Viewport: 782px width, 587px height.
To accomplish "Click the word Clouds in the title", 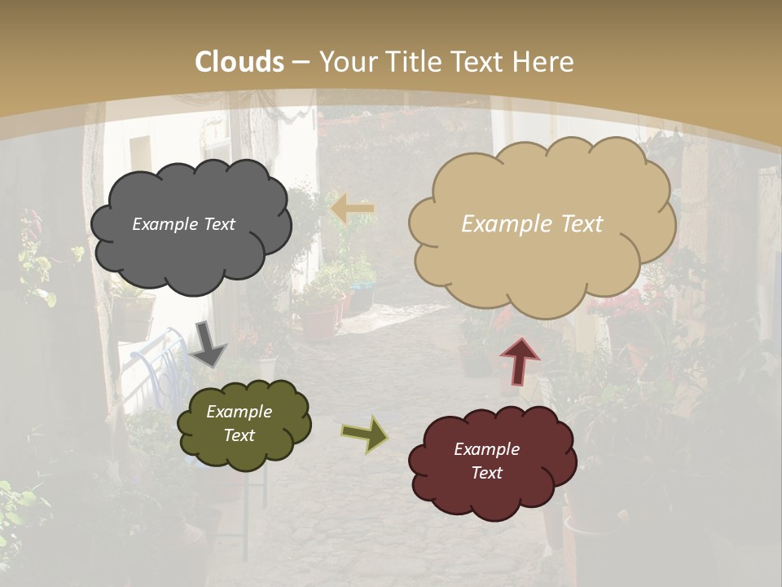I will coord(239,62).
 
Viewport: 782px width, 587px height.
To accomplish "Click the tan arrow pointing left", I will coord(353,210).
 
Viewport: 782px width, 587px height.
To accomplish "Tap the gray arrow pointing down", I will coord(208,346).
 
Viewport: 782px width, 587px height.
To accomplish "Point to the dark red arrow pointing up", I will coord(520,360).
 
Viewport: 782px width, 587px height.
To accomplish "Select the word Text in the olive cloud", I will coord(239,435).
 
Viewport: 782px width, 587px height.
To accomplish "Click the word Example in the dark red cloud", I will coord(486,449).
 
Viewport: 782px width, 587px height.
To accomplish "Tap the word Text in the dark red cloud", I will coord(486,473).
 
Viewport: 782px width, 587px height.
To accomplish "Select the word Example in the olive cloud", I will coord(239,412).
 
